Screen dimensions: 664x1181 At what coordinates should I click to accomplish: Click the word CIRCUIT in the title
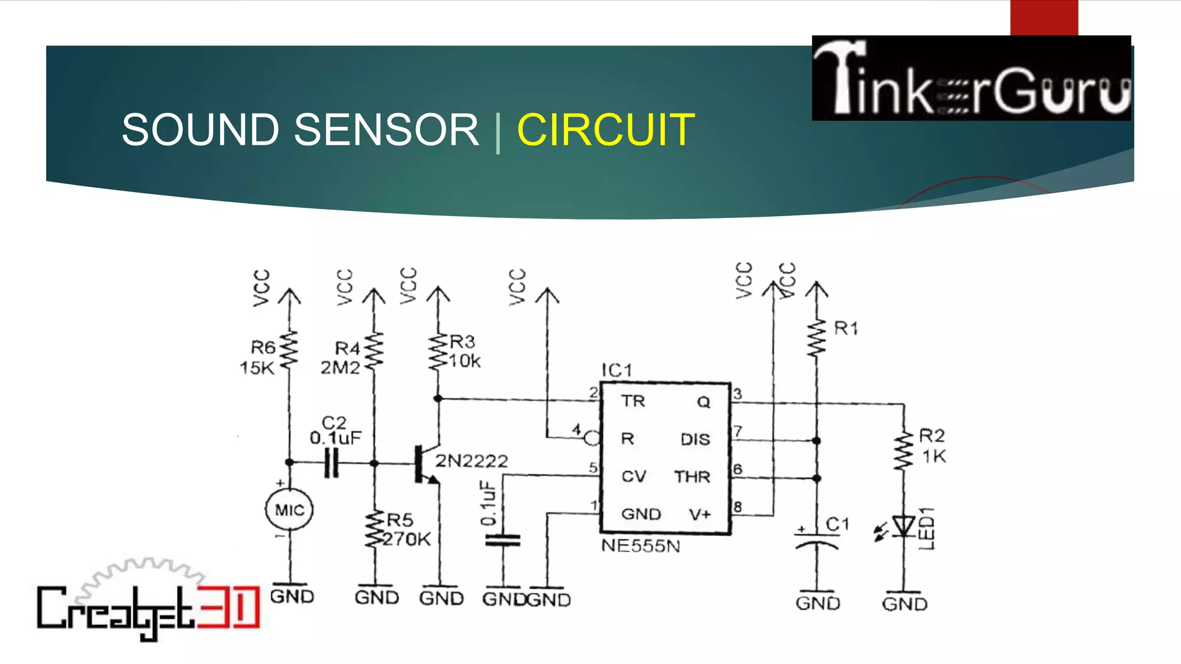(605, 130)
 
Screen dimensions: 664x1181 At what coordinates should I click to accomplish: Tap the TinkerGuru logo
(971, 78)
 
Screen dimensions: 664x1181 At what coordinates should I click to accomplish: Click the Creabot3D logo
(148, 605)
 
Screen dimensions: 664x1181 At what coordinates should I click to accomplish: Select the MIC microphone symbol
(289, 510)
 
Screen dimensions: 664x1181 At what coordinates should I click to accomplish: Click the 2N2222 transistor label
(471, 461)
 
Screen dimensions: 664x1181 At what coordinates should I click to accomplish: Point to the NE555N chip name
(641, 545)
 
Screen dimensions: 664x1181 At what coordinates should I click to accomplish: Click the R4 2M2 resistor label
(343, 357)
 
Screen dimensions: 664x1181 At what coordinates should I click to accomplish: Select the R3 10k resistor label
(464, 351)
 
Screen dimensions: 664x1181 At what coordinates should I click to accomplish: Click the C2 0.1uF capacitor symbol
(332, 463)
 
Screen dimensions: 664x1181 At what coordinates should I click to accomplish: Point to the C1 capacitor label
(837, 524)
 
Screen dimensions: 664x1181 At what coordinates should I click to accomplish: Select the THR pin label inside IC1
(692, 477)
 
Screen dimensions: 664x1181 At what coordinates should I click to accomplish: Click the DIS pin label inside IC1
(695, 439)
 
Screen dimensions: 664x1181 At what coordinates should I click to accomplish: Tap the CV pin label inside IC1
(634, 476)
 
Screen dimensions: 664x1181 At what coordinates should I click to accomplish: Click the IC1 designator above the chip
(616, 370)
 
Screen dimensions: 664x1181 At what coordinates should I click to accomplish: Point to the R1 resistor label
(846, 329)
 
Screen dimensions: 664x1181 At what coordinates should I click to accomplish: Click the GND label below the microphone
(292, 596)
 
